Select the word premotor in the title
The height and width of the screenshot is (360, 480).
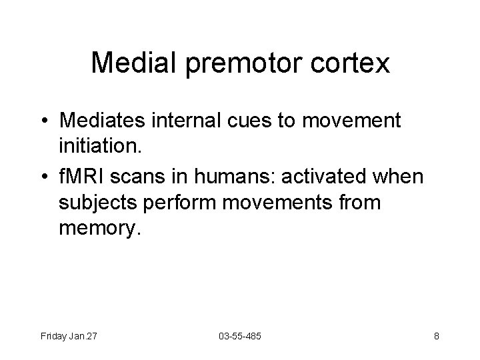tap(237, 63)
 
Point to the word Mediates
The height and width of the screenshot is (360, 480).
tap(101, 121)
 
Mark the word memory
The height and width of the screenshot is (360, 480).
tap(101, 229)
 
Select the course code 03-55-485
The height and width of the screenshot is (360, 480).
tap(239, 336)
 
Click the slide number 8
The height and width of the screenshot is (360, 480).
tap(436, 336)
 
